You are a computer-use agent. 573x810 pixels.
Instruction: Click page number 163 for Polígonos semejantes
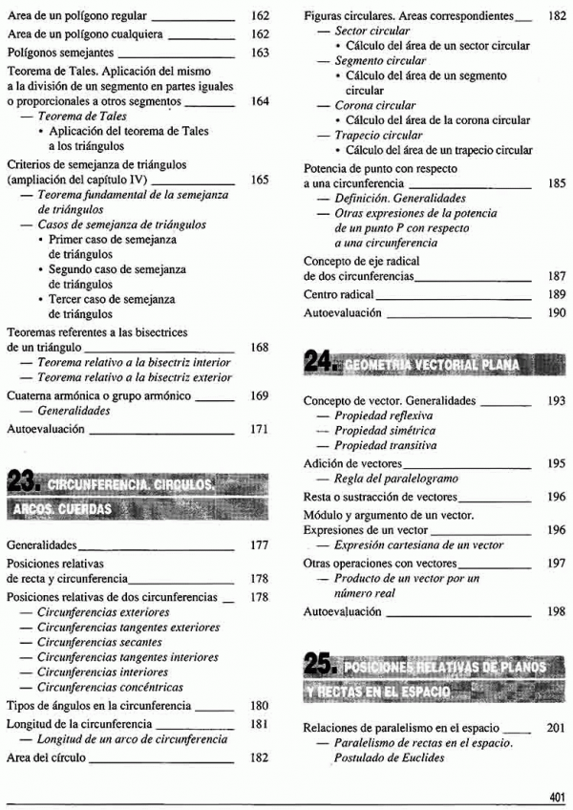tap(261, 53)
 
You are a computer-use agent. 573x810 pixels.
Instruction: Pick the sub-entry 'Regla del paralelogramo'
tap(396, 479)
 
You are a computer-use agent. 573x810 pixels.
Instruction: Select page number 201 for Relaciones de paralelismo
tap(556, 727)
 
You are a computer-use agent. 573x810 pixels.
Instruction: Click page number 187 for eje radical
tap(556, 275)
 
